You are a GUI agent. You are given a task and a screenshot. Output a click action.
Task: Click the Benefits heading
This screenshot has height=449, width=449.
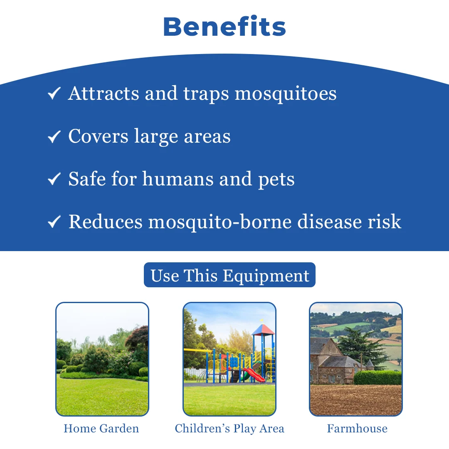[x=224, y=27]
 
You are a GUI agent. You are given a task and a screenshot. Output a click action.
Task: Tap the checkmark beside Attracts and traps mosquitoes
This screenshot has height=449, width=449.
[x=54, y=93]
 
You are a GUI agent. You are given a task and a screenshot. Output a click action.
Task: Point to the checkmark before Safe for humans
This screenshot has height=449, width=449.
[x=54, y=179]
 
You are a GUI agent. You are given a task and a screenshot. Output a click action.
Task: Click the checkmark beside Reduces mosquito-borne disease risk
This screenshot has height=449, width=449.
[x=54, y=222]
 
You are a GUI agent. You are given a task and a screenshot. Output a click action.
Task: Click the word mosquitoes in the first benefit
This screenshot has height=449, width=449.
[x=286, y=94]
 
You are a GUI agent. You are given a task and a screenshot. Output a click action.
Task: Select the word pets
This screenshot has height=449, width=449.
[x=276, y=180]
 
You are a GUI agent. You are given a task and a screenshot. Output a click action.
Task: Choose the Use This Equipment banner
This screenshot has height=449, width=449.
[x=229, y=275]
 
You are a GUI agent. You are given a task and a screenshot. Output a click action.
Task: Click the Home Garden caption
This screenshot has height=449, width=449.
[x=101, y=428]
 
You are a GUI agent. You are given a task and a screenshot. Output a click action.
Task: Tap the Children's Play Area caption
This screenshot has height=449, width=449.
[x=229, y=429]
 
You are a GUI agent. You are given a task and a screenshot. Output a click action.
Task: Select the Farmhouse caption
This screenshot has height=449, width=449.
[x=358, y=428]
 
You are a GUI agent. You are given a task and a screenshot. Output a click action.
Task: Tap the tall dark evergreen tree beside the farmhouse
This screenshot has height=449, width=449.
[x=361, y=346]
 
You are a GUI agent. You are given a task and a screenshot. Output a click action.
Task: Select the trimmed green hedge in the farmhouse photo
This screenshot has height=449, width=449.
[x=377, y=377]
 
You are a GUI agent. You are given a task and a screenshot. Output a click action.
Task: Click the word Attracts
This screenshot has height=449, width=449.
[x=104, y=93]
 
